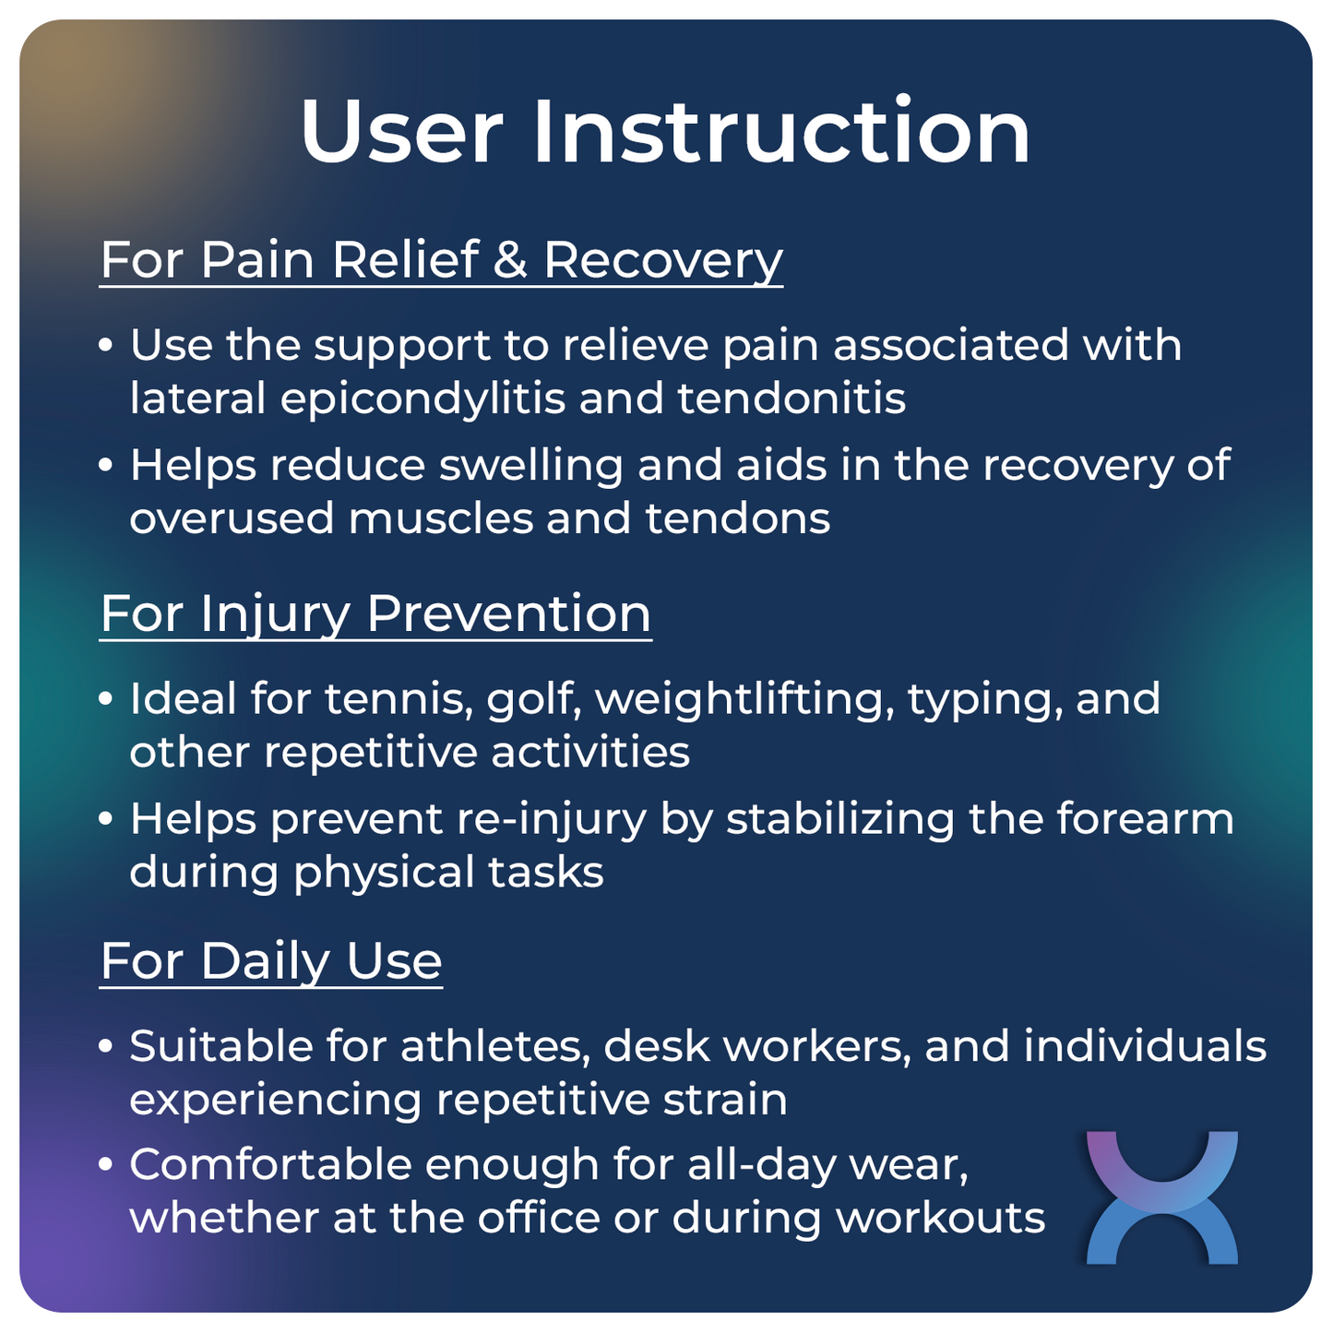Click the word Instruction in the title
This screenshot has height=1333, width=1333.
[781, 132]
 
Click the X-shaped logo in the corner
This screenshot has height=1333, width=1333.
[1161, 1196]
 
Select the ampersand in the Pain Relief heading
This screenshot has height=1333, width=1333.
[510, 259]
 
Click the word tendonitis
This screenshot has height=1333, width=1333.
[791, 399]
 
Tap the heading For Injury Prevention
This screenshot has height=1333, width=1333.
[375, 613]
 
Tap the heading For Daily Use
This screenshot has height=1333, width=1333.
[271, 961]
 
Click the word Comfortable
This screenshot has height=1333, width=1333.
[270, 1164]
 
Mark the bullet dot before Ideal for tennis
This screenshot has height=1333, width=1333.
[106, 698]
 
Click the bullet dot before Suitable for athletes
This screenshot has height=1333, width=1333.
[106, 1046]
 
